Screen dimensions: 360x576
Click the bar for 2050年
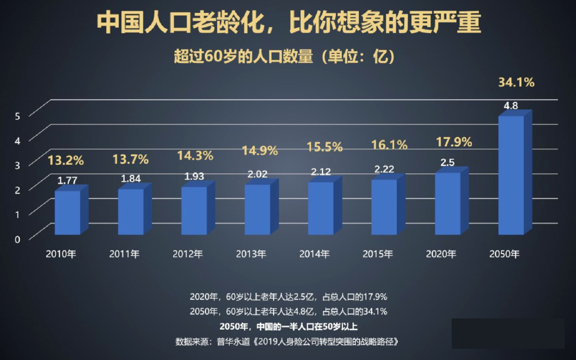pyautogui.click(x=511, y=175)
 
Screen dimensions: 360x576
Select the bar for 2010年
pyautogui.click(x=68, y=212)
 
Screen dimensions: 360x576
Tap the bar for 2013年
pyautogui.click(x=258, y=209)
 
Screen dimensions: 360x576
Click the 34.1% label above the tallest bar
pyautogui.click(x=516, y=82)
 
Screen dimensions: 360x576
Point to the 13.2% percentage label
pyautogui.click(x=66, y=160)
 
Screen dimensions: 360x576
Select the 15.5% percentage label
pyautogui.click(x=324, y=147)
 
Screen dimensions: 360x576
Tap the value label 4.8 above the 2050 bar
pyautogui.click(x=510, y=106)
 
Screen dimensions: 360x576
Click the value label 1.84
pyautogui.click(x=130, y=179)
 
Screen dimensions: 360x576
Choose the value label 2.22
pyautogui.click(x=384, y=169)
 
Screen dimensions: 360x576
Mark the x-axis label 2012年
pyautogui.click(x=188, y=254)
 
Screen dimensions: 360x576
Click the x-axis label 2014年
pyautogui.click(x=315, y=254)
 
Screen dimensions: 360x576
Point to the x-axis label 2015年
pyautogui.click(x=378, y=254)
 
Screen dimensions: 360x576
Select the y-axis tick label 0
pyautogui.click(x=17, y=239)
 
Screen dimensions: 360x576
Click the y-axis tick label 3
pyautogui.click(x=17, y=165)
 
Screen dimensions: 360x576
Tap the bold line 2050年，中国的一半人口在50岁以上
pyautogui.click(x=289, y=326)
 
